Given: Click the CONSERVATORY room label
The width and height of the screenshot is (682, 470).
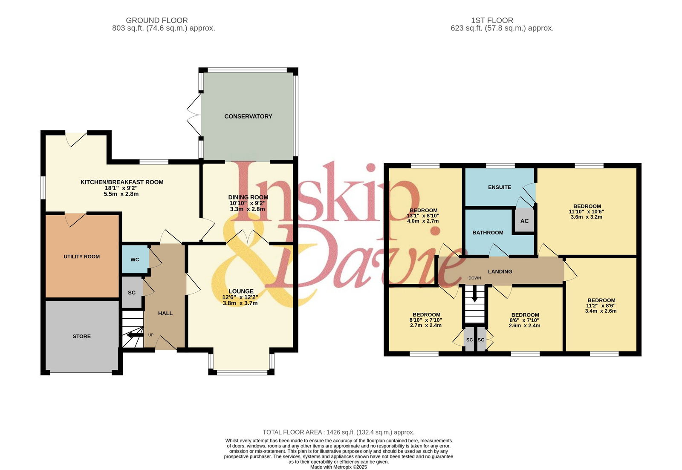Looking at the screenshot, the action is [x=248, y=116].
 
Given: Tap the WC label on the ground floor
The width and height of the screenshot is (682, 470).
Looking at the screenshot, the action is [x=135, y=260].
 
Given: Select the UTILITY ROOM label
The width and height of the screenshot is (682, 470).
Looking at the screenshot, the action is [x=81, y=257].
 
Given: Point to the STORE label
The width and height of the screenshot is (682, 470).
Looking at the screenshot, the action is [x=81, y=336].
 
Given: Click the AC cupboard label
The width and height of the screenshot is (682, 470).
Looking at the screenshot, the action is [x=524, y=221].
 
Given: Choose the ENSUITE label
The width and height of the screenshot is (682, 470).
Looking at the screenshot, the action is [x=499, y=187].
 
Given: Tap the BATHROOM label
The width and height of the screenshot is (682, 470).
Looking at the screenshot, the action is [x=488, y=233].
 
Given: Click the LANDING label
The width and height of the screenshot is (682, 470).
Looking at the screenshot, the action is [x=500, y=271].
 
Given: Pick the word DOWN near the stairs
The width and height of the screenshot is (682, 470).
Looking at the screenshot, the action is [x=475, y=278].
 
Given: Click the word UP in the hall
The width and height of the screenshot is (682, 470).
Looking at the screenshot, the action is [x=151, y=335].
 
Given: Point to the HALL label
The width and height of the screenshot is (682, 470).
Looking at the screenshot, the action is [x=165, y=313].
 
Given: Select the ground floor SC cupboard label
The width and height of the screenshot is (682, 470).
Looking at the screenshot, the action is [x=132, y=293].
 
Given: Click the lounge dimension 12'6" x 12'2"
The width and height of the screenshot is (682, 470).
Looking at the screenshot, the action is [x=240, y=297].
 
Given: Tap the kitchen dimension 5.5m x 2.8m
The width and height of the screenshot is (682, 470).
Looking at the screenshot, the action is [x=121, y=194].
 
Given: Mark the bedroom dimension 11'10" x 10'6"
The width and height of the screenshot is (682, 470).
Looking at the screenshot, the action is [x=587, y=211].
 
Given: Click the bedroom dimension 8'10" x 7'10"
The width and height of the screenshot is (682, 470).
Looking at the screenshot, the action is [x=426, y=320].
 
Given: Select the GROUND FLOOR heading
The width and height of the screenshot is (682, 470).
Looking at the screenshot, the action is [x=157, y=20].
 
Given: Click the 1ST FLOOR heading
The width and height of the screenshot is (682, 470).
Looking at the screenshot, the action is [x=492, y=20].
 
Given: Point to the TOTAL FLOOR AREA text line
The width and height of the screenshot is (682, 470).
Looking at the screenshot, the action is [x=338, y=432].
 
